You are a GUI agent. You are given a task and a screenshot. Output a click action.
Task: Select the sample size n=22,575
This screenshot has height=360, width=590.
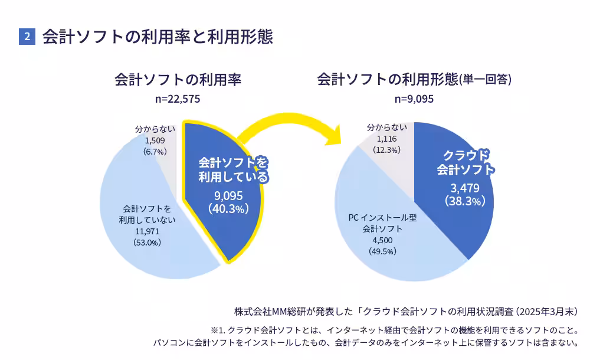[178, 99]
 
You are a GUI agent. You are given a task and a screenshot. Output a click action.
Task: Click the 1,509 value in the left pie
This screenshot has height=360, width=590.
[155, 140]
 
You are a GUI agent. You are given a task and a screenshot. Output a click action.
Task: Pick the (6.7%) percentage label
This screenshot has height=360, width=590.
[155, 151]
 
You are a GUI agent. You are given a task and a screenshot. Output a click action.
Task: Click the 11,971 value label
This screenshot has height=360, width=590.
[147, 231]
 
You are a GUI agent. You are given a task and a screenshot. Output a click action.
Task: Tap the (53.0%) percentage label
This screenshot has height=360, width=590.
[147, 242]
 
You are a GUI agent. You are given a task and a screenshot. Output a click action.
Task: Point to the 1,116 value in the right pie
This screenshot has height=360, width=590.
[386, 139]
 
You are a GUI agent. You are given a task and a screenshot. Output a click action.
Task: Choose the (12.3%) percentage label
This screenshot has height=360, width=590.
[386, 150]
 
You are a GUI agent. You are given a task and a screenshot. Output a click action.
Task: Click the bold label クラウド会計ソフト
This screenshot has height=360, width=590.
[466, 162]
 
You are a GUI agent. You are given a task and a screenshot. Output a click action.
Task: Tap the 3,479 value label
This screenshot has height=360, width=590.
[465, 188]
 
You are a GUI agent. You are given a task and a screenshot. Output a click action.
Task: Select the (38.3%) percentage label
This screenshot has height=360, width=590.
[465, 201]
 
